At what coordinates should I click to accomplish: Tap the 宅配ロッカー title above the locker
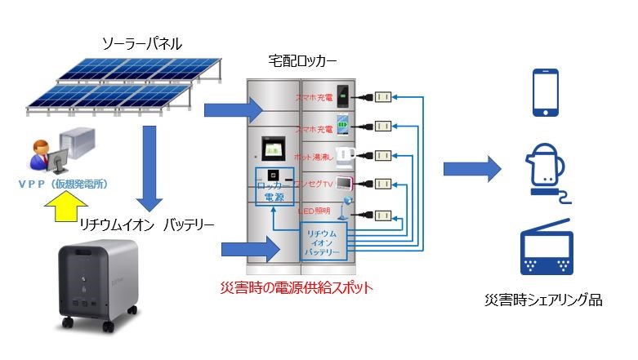(302, 62)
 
